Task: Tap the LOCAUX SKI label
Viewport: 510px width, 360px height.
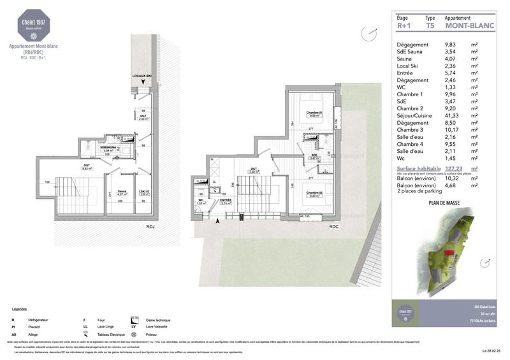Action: coord(142,76)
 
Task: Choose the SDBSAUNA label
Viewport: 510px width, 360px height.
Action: coord(107,149)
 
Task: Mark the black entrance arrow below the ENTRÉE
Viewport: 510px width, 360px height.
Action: coord(219,221)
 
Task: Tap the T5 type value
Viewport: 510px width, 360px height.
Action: coord(430,27)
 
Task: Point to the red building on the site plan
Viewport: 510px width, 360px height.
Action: coord(449,254)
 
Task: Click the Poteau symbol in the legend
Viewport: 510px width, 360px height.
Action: coord(134,334)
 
